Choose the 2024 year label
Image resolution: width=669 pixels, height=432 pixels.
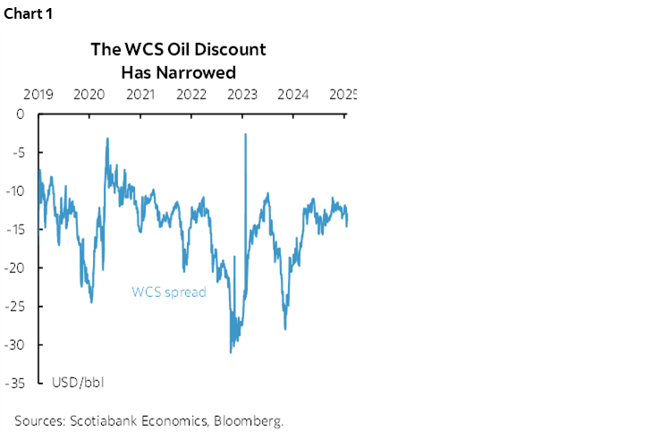pyautogui.click(x=294, y=94)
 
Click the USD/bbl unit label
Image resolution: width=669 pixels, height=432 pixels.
pyautogui.click(x=78, y=383)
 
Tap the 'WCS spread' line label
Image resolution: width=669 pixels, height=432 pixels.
pyautogui.click(x=169, y=292)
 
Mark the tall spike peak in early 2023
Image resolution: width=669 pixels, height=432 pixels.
pyautogui.click(x=245, y=134)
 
